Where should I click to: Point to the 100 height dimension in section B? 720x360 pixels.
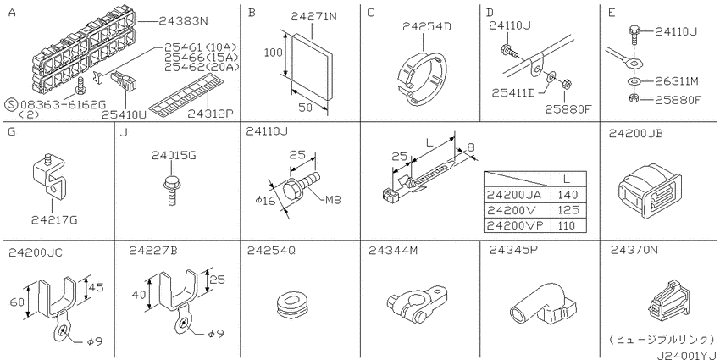[271, 52]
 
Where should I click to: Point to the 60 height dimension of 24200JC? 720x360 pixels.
[17, 300]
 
